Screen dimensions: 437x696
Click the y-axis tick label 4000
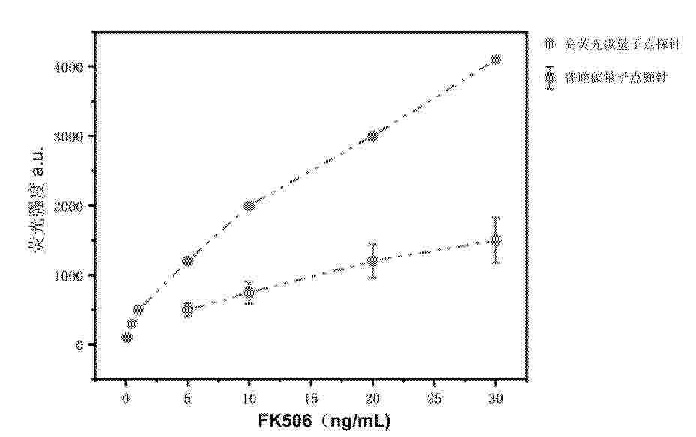71,67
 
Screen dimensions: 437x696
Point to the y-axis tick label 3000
71,136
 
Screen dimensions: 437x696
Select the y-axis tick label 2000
71,206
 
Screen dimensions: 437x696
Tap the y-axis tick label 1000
71,275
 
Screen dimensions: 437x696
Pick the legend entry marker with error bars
551,77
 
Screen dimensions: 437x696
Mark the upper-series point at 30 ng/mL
495,60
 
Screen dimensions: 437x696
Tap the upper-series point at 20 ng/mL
372,135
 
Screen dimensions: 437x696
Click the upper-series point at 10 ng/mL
249,205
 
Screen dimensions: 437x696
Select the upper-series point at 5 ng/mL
187,261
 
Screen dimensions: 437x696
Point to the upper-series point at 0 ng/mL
127,337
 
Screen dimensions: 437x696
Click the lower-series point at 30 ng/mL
495,240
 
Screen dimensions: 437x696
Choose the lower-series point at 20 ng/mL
372,261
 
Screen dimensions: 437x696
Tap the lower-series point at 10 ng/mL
249,293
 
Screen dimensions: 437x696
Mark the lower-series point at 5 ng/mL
187,310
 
